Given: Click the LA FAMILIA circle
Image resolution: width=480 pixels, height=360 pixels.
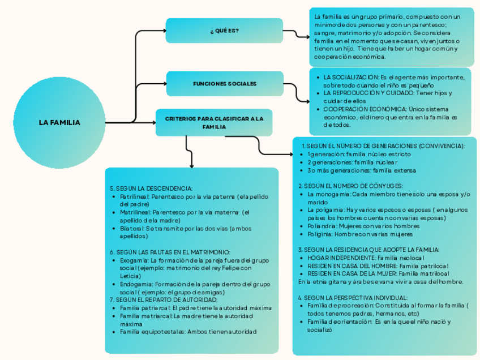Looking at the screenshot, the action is (59, 122).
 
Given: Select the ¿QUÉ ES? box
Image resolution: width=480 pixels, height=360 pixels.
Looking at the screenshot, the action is (224, 31).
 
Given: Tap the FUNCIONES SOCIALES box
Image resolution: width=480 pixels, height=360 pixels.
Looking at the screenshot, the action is (225, 84).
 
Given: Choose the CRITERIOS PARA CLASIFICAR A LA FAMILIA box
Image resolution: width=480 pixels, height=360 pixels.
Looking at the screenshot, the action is (214, 123).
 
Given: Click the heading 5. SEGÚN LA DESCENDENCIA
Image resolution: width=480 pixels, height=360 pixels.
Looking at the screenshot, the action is (151, 188).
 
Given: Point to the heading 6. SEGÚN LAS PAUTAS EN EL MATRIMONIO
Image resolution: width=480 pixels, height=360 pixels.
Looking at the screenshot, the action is (170, 252).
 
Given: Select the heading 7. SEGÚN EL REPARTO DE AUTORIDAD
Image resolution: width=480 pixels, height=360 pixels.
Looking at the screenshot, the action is (164, 299).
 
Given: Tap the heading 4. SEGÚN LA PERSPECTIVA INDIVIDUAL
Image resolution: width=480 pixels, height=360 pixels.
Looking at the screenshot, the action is (353, 298).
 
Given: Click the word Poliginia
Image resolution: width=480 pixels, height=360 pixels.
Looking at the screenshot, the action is (319, 234).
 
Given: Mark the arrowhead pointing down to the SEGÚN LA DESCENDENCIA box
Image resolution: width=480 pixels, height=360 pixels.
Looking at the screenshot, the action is (192, 166).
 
